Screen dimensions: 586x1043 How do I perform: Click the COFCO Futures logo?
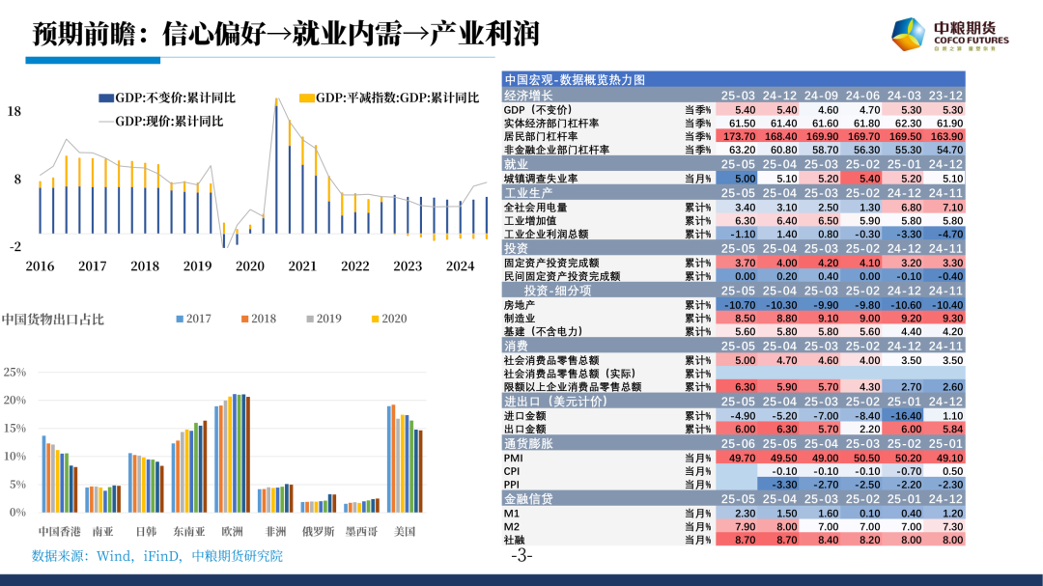point(949,36)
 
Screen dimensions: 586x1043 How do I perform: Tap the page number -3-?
point(521,556)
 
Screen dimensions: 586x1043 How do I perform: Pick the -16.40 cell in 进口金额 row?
point(905,415)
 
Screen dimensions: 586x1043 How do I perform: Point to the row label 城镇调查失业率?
point(541,179)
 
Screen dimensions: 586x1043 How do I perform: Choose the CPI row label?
point(513,470)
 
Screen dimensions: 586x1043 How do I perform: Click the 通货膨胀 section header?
point(527,443)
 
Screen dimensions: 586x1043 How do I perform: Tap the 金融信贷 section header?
point(527,498)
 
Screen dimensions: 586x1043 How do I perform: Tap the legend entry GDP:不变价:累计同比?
point(175,98)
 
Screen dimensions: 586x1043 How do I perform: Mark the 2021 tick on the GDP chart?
point(302,266)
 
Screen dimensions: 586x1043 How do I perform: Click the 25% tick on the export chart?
point(14,372)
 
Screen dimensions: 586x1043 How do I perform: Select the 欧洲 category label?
point(233,531)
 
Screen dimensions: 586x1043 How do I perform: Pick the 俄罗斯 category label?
point(318,531)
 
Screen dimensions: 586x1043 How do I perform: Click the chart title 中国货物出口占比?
point(52,319)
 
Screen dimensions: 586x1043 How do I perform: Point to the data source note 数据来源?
point(158,555)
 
